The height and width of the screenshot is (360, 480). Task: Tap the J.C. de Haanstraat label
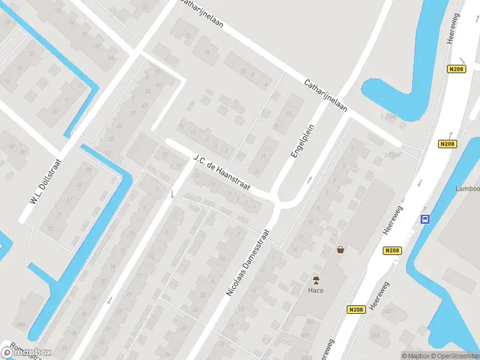click(x=223, y=173)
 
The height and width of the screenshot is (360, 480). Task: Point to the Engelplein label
click(x=302, y=138)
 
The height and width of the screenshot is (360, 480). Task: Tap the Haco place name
click(x=316, y=290)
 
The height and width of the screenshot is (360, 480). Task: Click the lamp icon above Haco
click(x=316, y=280)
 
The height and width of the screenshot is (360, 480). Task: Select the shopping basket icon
click(x=341, y=250)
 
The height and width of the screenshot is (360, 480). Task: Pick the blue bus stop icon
click(x=425, y=220)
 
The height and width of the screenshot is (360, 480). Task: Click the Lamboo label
click(x=467, y=188)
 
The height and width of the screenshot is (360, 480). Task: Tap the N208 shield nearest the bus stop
click(x=392, y=250)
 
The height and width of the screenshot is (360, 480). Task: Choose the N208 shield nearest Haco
click(x=355, y=309)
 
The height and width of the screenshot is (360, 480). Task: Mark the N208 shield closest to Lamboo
click(x=447, y=144)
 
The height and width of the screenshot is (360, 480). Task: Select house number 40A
click(x=22, y=325)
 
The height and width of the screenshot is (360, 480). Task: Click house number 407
click(x=388, y=310)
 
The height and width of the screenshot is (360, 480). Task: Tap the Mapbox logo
click(x=26, y=352)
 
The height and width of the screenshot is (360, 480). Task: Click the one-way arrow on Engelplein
click(x=310, y=179)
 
